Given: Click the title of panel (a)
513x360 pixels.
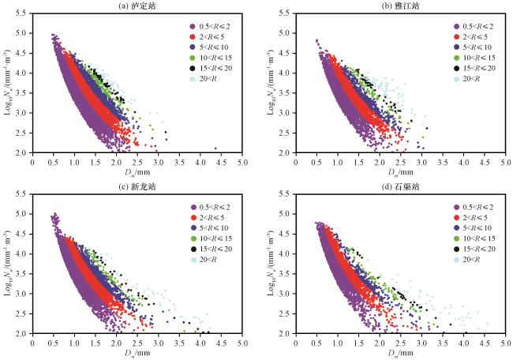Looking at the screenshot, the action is (137, 6).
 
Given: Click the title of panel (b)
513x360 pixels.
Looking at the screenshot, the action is (400, 6).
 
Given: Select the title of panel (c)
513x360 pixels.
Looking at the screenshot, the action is (137, 186).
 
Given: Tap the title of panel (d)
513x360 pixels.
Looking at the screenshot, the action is (400, 186).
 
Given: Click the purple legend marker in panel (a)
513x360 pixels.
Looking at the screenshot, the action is (193, 27).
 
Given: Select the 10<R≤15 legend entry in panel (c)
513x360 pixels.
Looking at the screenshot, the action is (211, 238).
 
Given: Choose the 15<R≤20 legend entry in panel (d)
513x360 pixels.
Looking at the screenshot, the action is (474, 249).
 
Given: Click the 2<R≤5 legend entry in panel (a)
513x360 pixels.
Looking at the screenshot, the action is (207, 37).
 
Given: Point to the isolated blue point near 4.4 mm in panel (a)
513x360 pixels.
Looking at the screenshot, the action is (215, 148).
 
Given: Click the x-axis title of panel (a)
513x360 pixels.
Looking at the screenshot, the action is (137, 171).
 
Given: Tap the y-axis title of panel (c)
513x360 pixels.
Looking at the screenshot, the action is (7, 263).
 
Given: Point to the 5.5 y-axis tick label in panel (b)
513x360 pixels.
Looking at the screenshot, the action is (284, 13).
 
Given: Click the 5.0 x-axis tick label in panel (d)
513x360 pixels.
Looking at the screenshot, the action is (506, 343).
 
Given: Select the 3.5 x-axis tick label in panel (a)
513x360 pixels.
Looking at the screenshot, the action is (179, 163).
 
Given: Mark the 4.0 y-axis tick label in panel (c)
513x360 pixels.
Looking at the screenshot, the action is (21, 253).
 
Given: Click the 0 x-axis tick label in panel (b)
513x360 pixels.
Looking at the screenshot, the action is (296, 163).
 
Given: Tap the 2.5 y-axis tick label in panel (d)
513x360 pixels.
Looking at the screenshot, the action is (284, 313).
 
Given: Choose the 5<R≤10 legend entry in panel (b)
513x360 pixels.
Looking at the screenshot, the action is (473, 47).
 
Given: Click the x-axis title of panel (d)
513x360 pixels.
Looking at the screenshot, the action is (400, 352).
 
